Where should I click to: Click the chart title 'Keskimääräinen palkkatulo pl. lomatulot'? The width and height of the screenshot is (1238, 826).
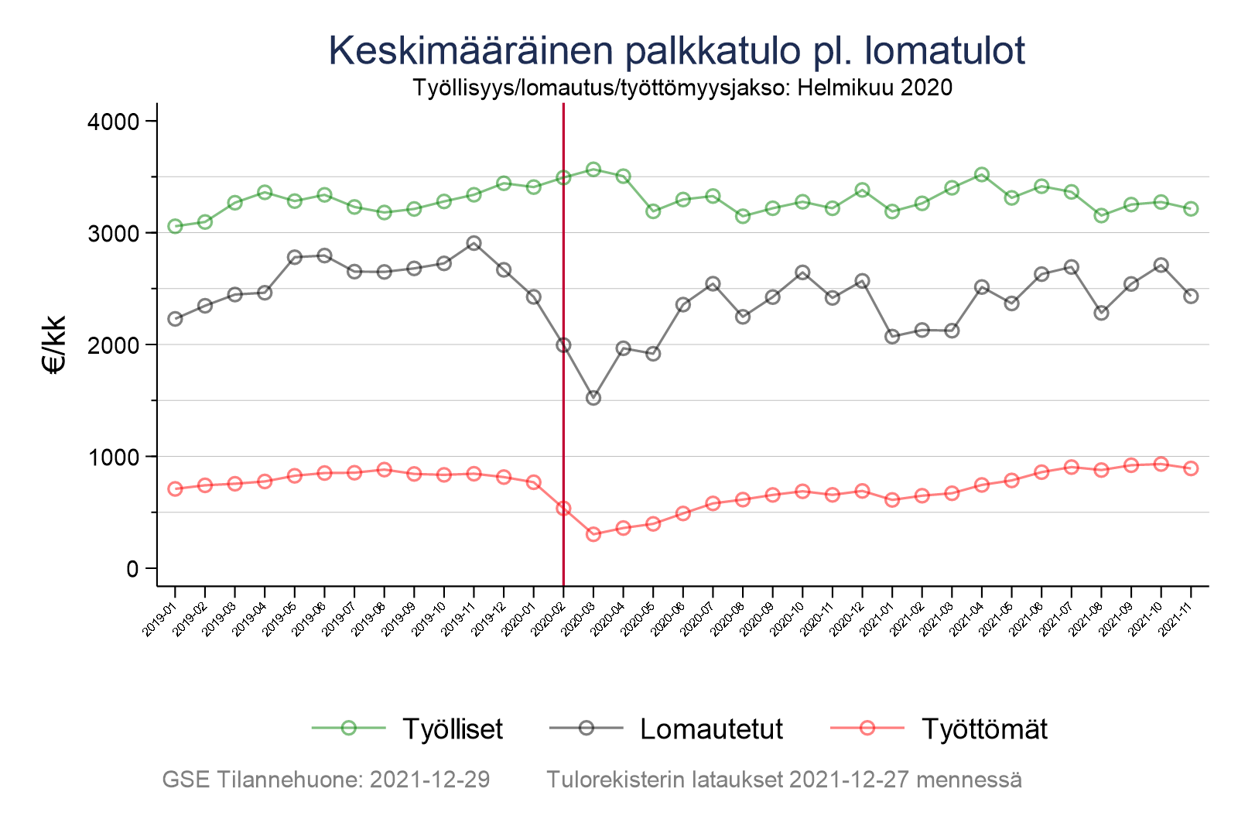676,51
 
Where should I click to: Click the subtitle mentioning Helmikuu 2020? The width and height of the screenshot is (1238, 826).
682,87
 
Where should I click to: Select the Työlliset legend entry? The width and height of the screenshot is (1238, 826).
452,728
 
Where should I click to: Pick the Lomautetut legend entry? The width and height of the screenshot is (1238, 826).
711,728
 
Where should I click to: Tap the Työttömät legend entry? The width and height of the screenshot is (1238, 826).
983,728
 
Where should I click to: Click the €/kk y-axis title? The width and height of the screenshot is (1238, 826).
56,344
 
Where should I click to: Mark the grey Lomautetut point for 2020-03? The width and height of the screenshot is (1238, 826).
593,398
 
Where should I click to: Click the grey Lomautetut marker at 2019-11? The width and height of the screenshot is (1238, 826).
474,243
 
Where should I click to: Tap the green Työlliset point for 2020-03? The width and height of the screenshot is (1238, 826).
593,170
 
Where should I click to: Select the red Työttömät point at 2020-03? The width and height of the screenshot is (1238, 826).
593,534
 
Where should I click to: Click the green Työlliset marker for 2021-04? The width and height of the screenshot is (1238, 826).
982,175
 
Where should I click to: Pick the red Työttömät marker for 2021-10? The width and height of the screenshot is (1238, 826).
1161,464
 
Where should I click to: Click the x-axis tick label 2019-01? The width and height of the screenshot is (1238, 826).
161,622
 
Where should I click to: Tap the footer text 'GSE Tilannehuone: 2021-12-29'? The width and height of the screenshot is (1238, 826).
326,780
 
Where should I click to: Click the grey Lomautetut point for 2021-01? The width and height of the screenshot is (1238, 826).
892,337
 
